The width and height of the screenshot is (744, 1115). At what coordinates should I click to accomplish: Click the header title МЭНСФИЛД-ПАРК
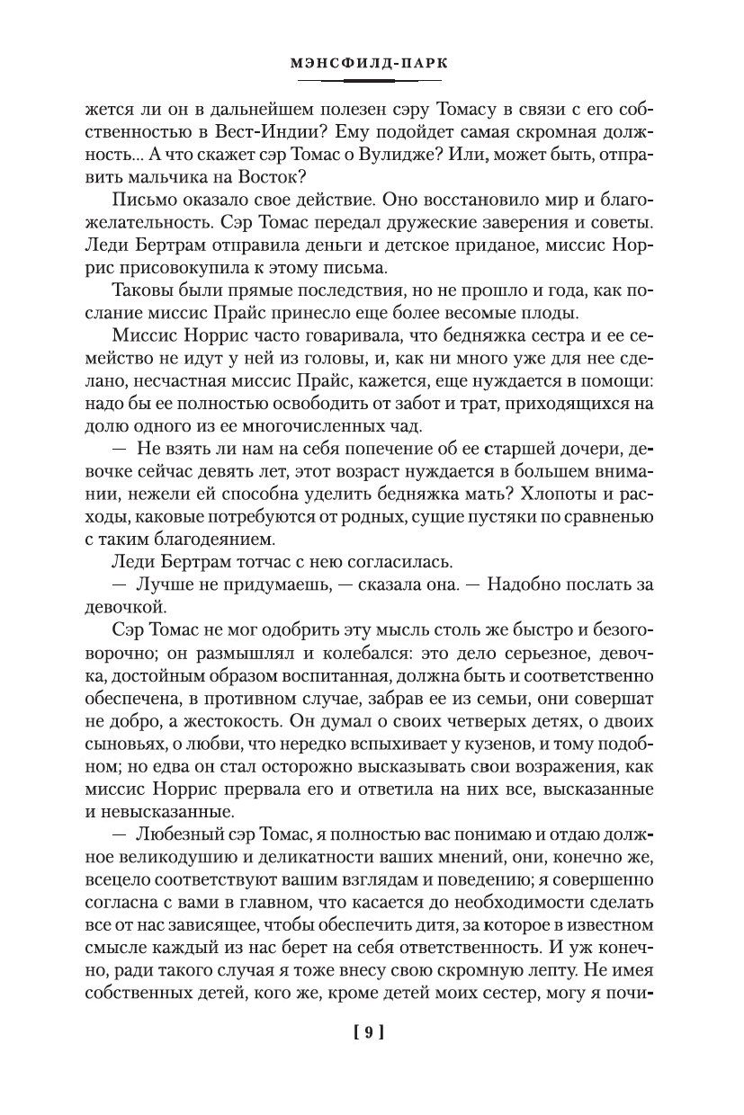click(371, 65)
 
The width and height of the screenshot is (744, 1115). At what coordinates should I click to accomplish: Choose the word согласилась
click(378, 564)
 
